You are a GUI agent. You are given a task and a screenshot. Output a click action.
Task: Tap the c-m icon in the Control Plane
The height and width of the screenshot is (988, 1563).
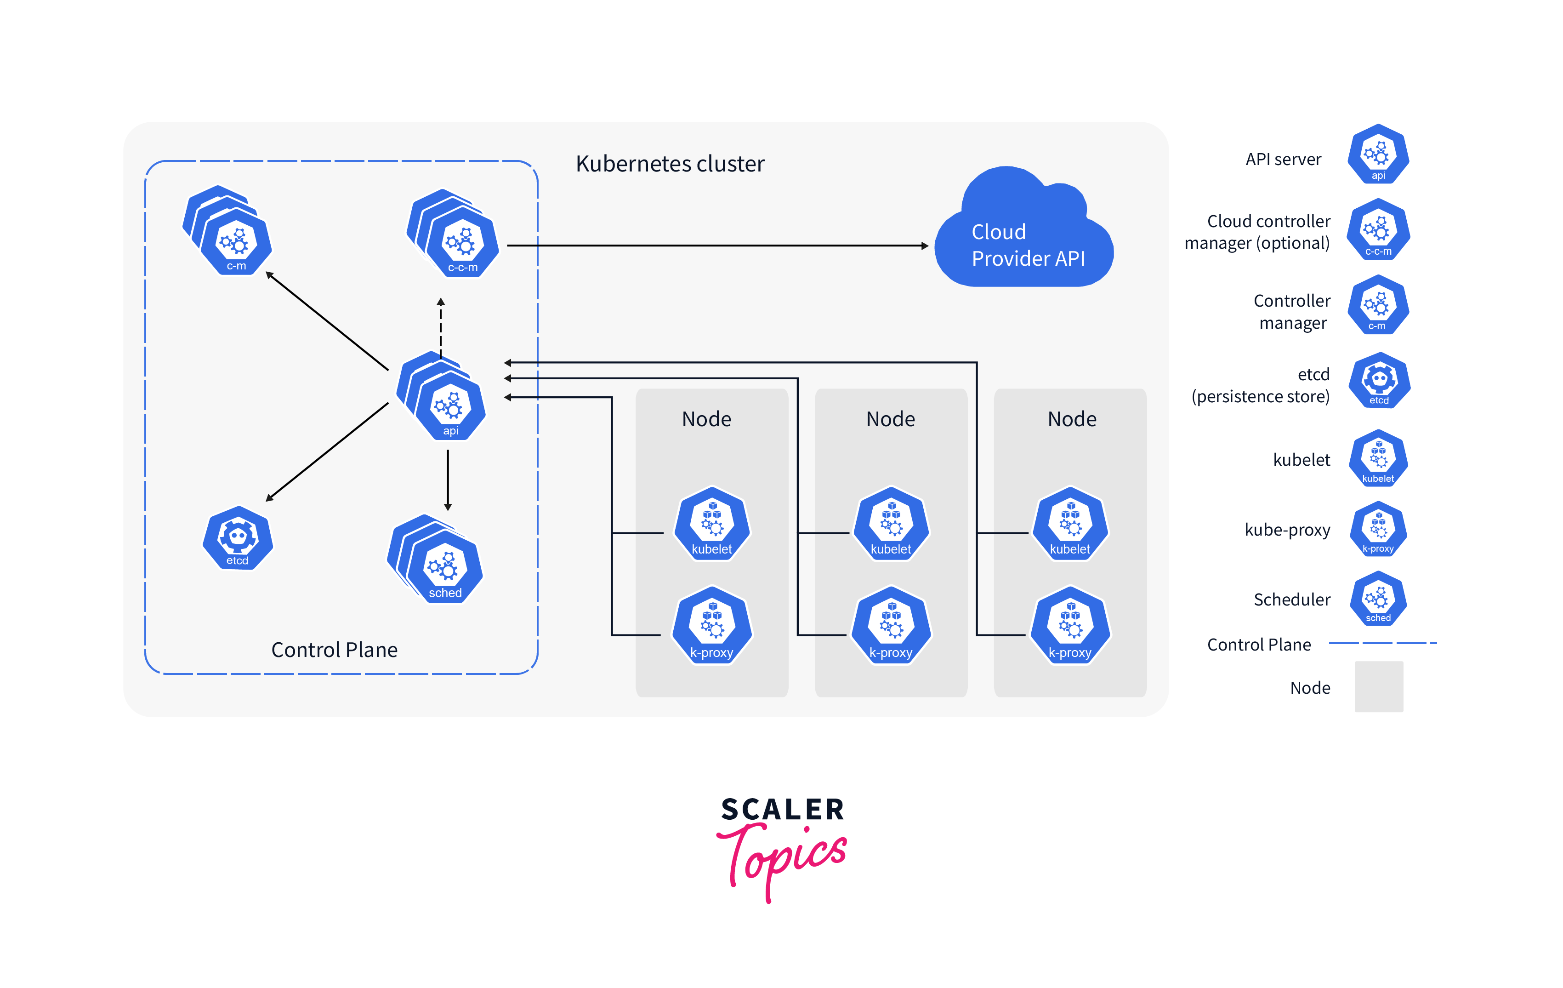235,241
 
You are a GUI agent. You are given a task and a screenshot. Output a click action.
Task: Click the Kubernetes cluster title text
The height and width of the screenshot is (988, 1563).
670,164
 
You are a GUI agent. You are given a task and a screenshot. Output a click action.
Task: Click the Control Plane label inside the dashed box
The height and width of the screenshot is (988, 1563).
334,650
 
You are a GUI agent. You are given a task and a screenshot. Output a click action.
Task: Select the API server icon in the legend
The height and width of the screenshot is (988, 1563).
1377,155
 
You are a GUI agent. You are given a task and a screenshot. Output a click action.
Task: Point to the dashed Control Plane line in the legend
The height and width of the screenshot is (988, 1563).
1382,643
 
